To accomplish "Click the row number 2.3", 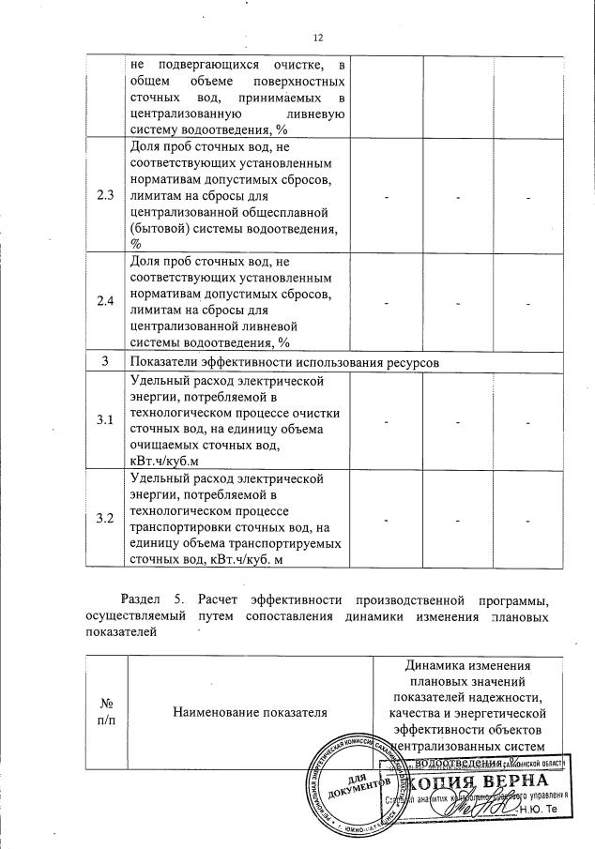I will pyautogui.click(x=105, y=196).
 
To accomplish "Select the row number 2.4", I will pyautogui.click(x=105, y=300).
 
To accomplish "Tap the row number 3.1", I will pyautogui.click(x=105, y=419).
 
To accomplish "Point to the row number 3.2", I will pyautogui.click(x=105, y=519).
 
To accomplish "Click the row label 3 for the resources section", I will pyautogui.click(x=105, y=361).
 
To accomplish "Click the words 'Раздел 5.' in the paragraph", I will pyautogui.click(x=151, y=599).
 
